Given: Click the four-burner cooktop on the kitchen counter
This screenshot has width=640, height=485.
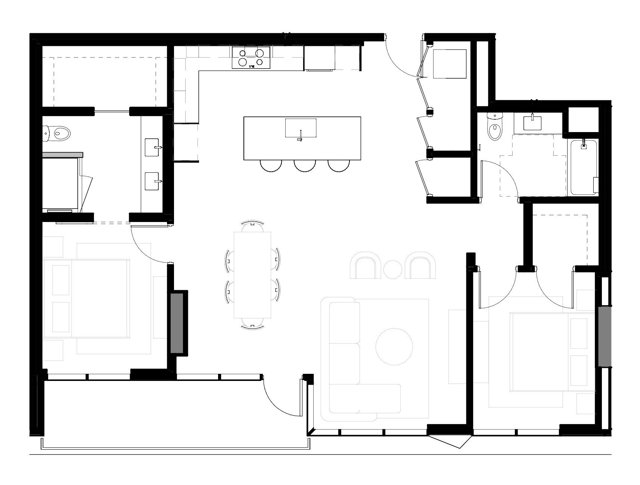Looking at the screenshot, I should point(251,57).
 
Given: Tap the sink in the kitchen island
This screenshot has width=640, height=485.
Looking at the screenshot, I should point(301,128).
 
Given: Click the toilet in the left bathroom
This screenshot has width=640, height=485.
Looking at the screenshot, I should point(59,132).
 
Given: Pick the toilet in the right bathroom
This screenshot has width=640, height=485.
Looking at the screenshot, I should point(494,128).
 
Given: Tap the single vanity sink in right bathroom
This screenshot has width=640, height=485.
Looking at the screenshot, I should point(532,123).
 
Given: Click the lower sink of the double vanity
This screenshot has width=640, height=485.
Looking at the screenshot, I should point(152,181).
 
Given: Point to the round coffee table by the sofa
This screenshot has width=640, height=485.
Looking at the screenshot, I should point(394,347).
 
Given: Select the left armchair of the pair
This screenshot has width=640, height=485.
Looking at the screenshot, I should point(366,266).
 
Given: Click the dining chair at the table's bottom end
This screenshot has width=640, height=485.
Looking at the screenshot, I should point(253,323).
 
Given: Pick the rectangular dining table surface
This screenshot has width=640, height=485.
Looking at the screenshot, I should point(253,274).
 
